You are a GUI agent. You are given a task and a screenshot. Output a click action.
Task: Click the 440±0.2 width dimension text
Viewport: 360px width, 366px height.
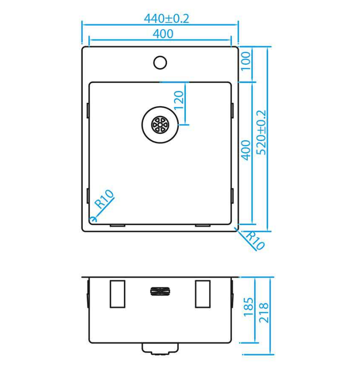[x=166, y=19]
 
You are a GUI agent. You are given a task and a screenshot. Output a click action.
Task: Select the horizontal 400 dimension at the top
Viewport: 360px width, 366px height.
[x=163, y=34]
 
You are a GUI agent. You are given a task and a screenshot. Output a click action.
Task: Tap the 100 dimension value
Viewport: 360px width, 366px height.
[x=246, y=61]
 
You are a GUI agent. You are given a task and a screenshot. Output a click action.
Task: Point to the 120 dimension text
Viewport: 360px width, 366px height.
[x=179, y=101]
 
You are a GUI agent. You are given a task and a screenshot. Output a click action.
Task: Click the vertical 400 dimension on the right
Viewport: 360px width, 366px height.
[x=246, y=150]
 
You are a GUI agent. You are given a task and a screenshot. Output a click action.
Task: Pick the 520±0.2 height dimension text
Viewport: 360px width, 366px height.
[x=261, y=132]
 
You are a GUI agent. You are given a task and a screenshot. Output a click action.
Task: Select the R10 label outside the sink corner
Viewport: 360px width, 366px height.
[x=254, y=241]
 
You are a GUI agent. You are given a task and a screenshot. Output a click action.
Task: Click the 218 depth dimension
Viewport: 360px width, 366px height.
[x=264, y=313]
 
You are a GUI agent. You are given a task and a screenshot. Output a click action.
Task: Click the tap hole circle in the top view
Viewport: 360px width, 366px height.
[x=160, y=62]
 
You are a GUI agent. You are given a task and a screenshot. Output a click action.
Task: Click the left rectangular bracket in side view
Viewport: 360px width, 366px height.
[x=117, y=294]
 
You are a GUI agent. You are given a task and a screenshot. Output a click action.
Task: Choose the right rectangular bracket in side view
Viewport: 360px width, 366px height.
[x=202, y=294]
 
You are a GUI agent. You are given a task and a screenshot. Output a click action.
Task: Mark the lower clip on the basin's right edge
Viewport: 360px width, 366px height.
[x=232, y=195]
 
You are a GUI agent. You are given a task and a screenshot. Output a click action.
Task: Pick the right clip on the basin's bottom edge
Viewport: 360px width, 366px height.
[x=203, y=224]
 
